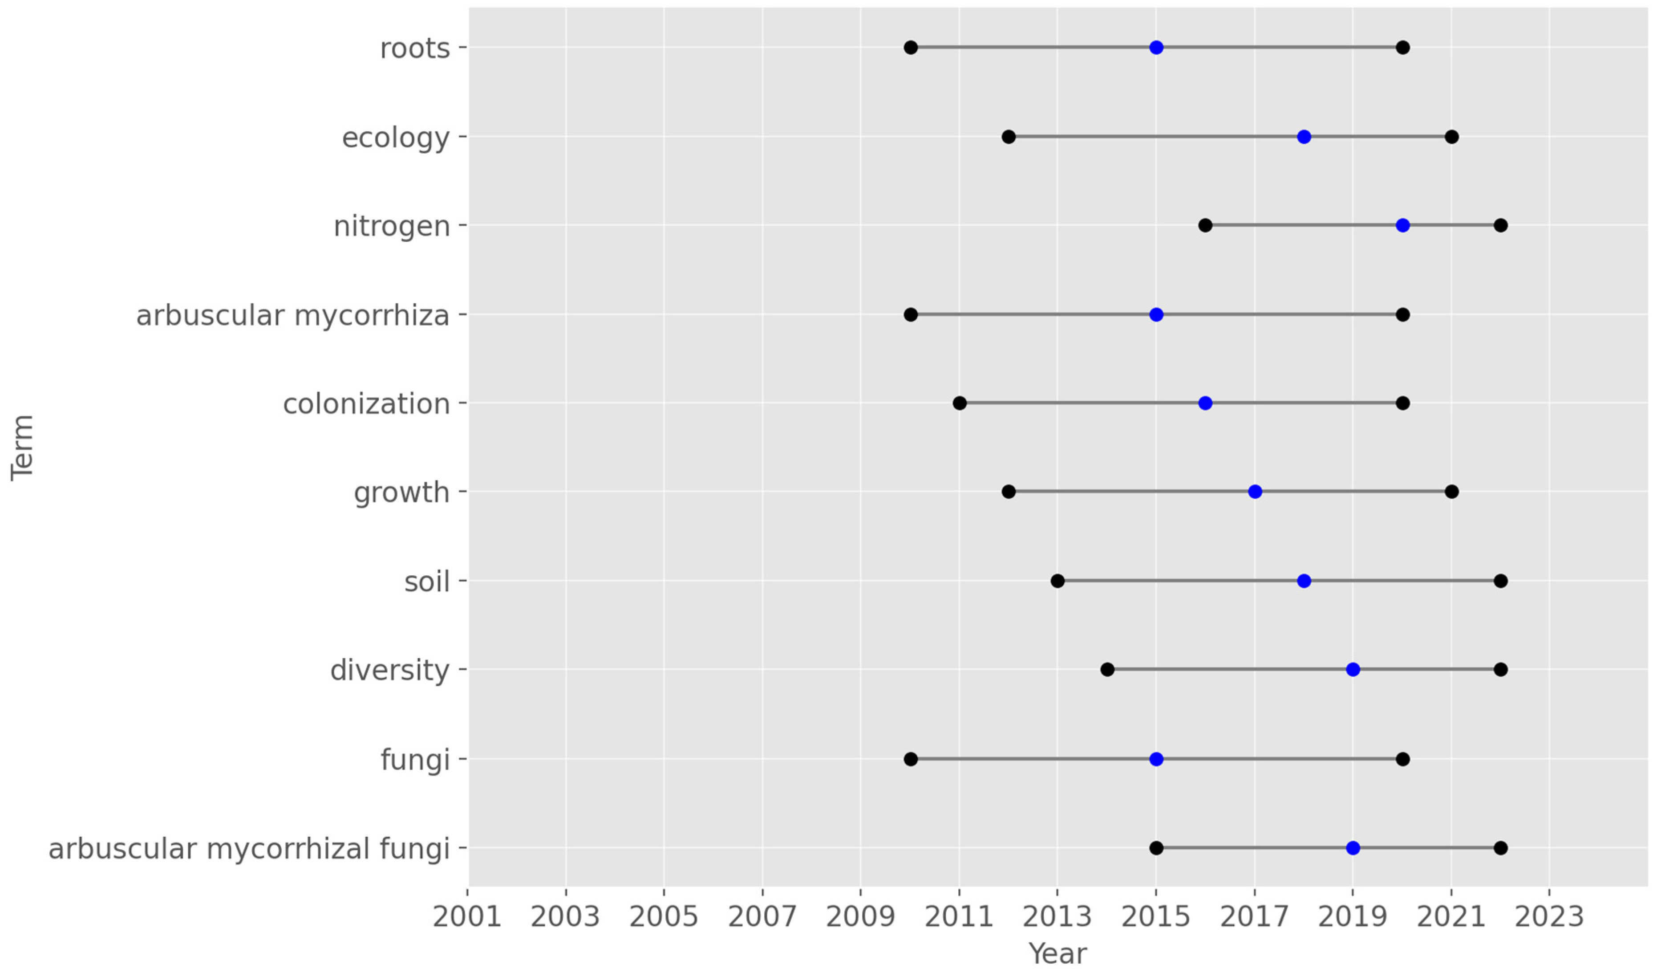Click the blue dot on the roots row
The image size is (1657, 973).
(x=1156, y=47)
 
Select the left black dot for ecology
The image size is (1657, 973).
(x=1009, y=137)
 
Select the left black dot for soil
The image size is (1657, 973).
(x=1057, y=581)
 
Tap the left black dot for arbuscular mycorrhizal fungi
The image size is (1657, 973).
(x=1156, y=848)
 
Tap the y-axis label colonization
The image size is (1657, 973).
(x=366, y=404)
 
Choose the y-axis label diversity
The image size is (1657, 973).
(x=389, y=670)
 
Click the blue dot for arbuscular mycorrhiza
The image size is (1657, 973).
(x=1156, y=314)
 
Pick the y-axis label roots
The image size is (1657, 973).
(x=415, y=49)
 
